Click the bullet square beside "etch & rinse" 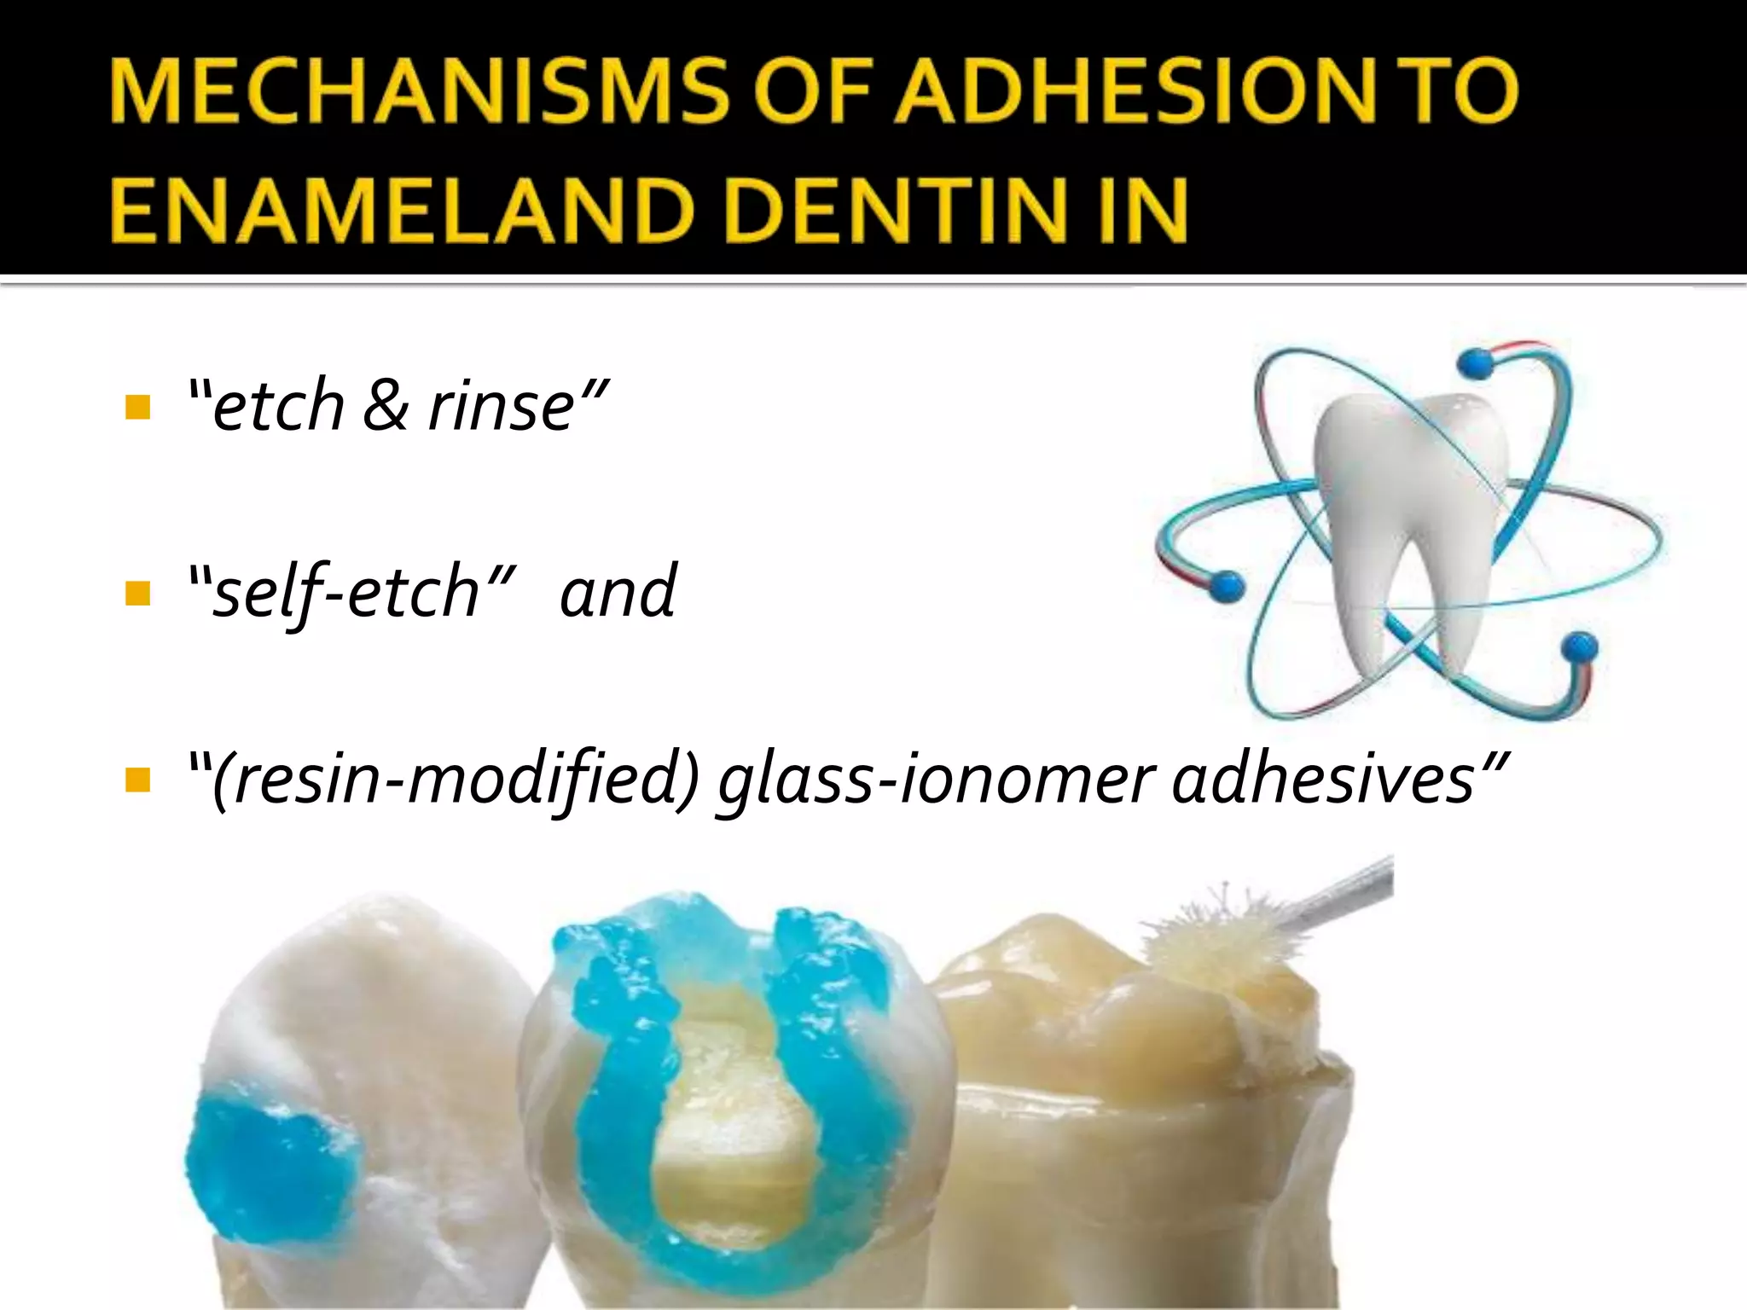136,407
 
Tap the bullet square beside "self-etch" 136,593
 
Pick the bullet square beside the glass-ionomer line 136,779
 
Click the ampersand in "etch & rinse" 386,405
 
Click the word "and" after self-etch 618,591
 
